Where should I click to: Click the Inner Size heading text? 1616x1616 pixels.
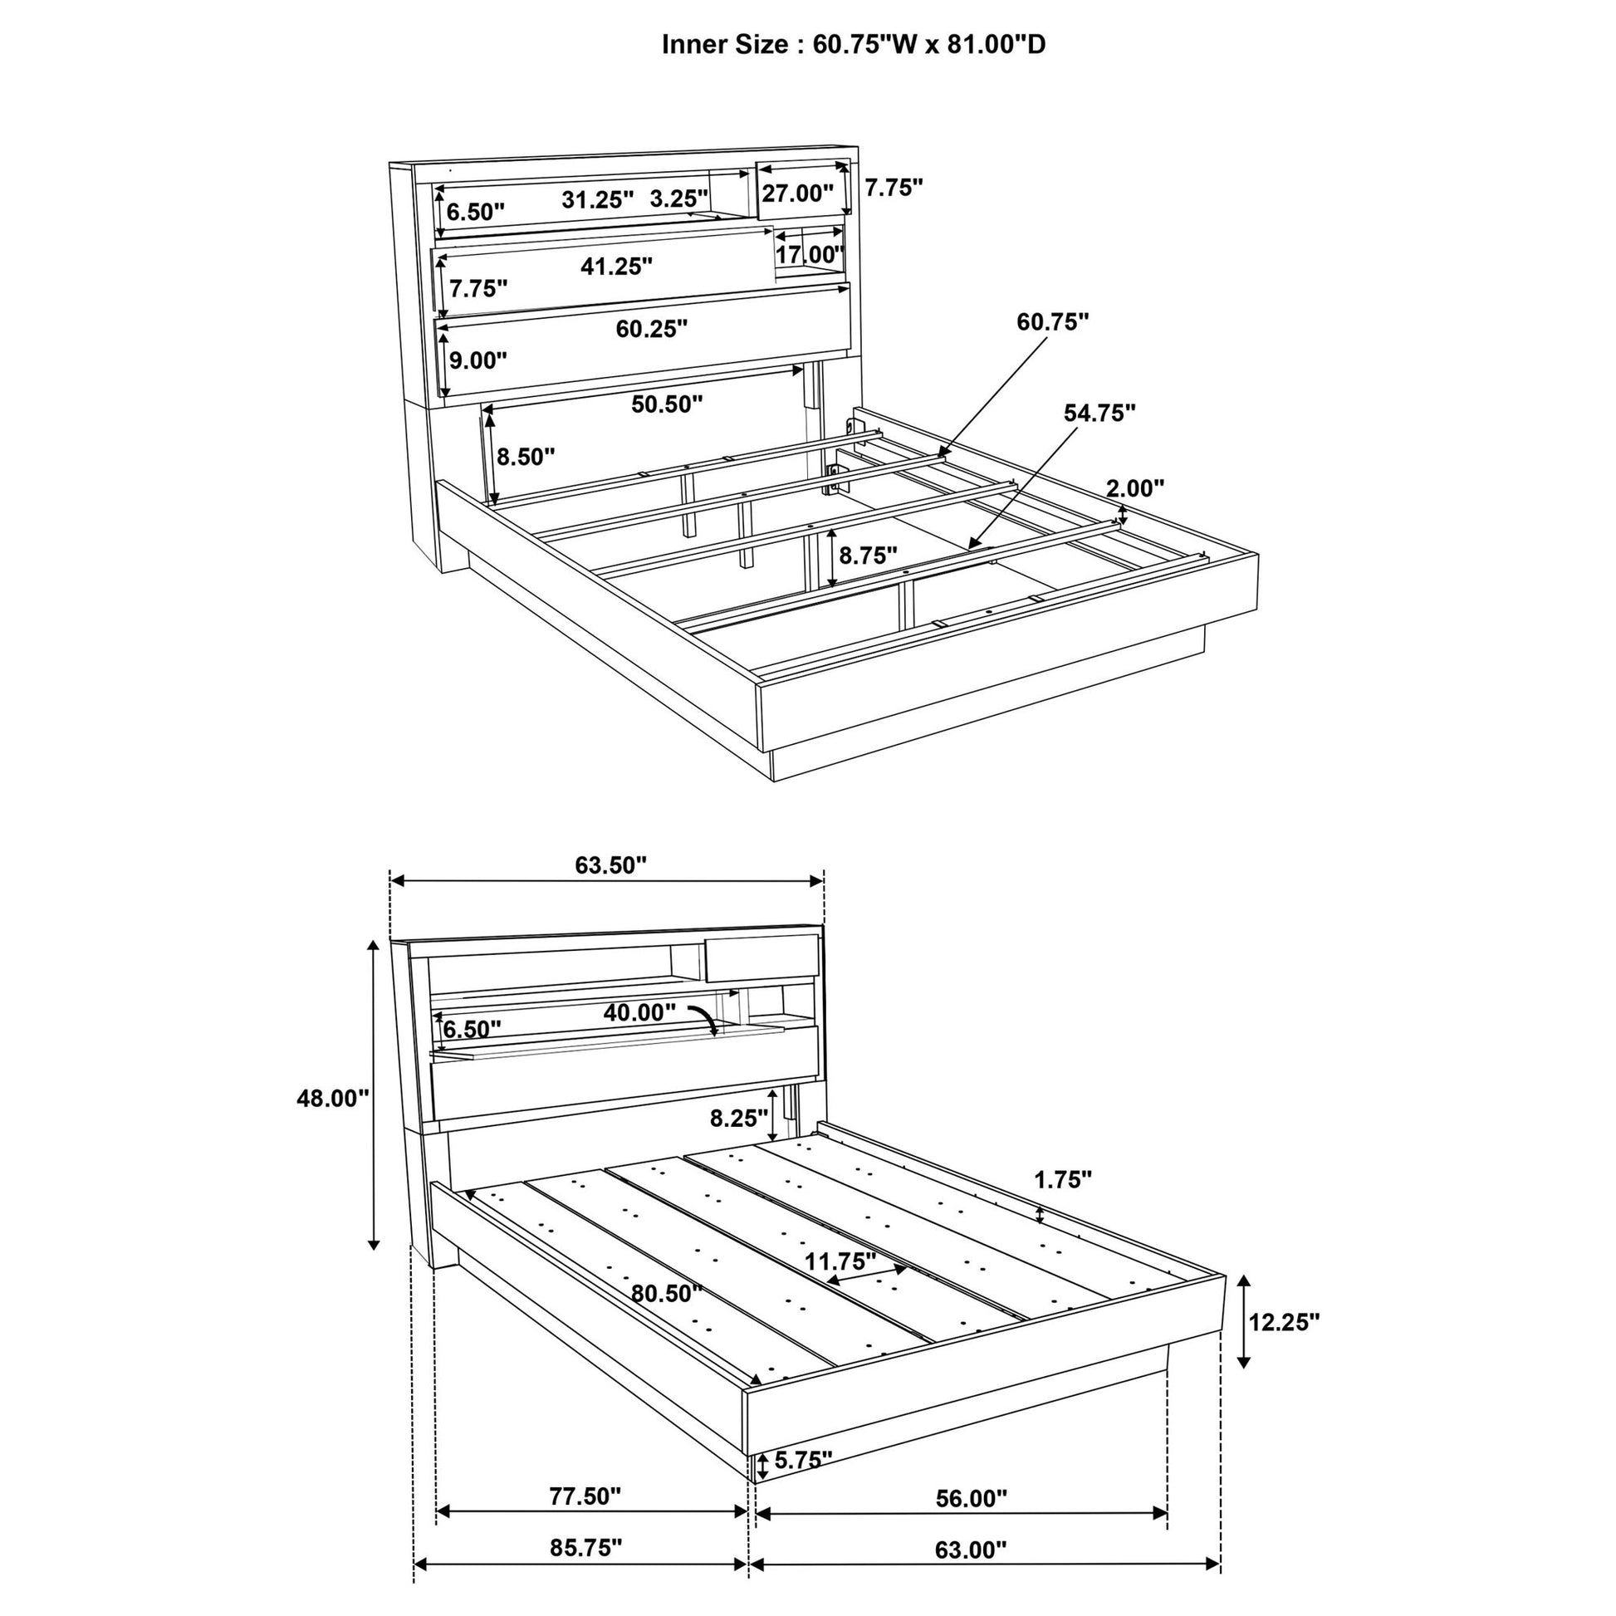click(853, 44)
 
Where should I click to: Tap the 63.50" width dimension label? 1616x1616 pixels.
click(610, 864)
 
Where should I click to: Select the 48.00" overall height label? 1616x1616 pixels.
click(332, 1099)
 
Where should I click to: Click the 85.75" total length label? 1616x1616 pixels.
click(585, 1547)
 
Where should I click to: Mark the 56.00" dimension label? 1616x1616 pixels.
click(971, 1498)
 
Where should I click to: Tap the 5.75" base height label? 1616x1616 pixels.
click(802, 1460)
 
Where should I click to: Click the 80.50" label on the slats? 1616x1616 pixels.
click(666, 1293)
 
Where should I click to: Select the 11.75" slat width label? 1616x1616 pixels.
click(840, 1259)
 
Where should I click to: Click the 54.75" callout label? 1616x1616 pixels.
click(1099, 413)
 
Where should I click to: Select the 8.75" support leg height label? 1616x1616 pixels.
click(868, 555)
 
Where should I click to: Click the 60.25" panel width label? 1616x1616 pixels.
click(652, 329)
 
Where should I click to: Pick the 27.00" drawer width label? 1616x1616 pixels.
click(797, 193)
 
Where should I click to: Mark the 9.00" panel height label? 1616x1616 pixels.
click(477, 360)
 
